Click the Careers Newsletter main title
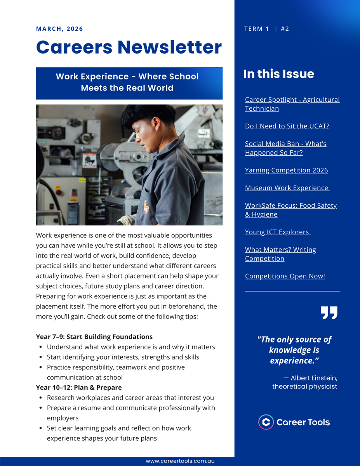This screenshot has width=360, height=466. tap(129, 47)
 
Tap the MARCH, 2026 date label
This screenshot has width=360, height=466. tap(59, 29)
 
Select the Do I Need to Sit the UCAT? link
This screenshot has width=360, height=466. tap(287, 126)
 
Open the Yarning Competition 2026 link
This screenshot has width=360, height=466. tap(286, 170)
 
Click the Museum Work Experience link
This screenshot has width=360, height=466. tap(287, 188)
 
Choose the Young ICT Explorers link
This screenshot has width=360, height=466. tap(277, 232)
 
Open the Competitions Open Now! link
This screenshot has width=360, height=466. tap(285, 276)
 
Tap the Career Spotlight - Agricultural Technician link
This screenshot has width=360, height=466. tap(292, 104)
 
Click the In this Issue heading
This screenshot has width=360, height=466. tap(278, 74)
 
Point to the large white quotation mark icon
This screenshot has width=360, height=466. tap(329, 313)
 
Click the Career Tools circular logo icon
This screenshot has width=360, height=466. tap(266, 422)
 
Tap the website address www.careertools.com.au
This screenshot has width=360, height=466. tap(180, 461)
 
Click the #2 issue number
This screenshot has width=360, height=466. tap(285, 29)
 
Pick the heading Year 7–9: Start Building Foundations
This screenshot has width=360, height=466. tap(94, 337)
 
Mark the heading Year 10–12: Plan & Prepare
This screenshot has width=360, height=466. tap(79, 388)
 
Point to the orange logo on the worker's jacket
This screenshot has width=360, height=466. tap(145, 206)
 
